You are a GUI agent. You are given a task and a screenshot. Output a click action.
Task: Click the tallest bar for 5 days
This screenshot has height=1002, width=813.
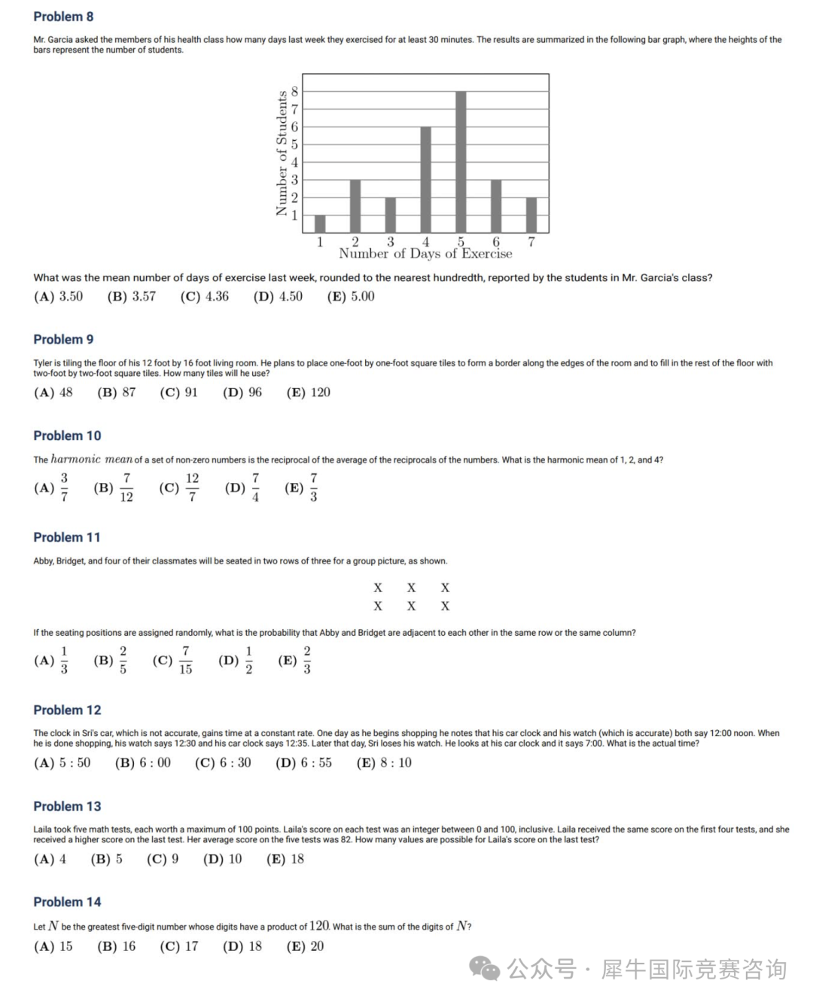pos(461,162)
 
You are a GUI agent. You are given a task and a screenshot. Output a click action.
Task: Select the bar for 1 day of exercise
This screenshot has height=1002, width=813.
pos(320,224)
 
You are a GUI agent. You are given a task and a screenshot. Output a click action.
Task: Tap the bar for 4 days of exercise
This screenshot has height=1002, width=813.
pos(425,179)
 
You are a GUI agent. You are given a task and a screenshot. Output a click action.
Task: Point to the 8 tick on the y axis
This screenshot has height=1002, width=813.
pos(294,91)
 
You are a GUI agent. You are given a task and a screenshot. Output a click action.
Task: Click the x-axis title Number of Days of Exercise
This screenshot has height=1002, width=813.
pos(425,254)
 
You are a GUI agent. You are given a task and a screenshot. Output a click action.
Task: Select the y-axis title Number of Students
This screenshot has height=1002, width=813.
pos(282,153)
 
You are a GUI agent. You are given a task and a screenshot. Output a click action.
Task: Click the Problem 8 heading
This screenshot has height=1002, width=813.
pos(63,17)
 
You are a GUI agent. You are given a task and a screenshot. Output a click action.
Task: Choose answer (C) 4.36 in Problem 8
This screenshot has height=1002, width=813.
pos(204,297)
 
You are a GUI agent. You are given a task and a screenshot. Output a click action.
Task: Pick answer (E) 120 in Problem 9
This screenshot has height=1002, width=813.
pos(308,393)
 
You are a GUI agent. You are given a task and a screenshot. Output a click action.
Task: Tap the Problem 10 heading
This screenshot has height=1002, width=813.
pos(67,435)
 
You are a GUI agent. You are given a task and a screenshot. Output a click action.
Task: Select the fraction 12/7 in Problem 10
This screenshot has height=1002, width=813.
pos(192,487)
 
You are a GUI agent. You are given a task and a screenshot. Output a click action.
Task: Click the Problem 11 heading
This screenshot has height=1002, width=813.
pos(66,537)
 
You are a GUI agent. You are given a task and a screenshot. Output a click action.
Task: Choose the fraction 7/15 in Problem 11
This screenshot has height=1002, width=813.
pos(185,660)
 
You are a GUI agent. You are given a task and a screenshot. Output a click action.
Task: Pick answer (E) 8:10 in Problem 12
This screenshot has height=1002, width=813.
pos(384,763)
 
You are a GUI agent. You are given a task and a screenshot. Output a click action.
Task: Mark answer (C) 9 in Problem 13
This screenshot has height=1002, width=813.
pos(163,859)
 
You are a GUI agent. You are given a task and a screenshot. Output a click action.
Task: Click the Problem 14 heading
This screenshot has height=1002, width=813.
pos(67,902)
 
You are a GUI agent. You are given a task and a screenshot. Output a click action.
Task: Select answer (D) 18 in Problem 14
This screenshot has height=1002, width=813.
pos(242,946)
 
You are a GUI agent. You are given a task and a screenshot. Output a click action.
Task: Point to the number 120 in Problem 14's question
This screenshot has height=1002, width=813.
pos(319,926)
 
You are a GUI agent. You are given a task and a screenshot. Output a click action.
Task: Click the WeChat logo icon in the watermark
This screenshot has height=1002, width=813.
pos(485,968)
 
